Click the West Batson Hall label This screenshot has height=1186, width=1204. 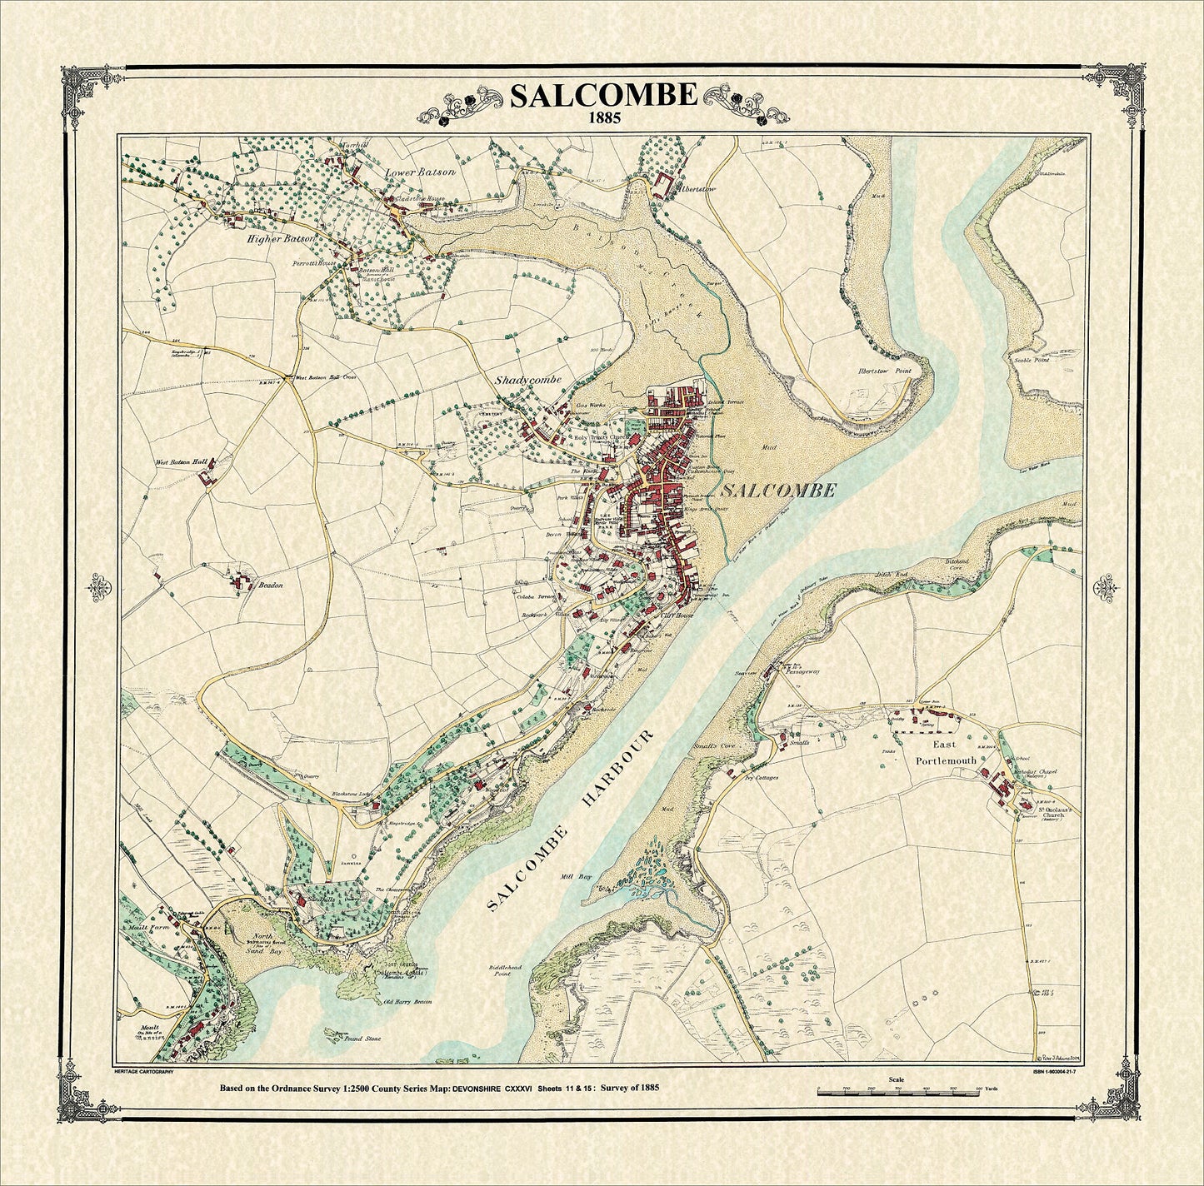[x=180, y=461]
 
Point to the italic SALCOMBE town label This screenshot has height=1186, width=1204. [x=778, y=491]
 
